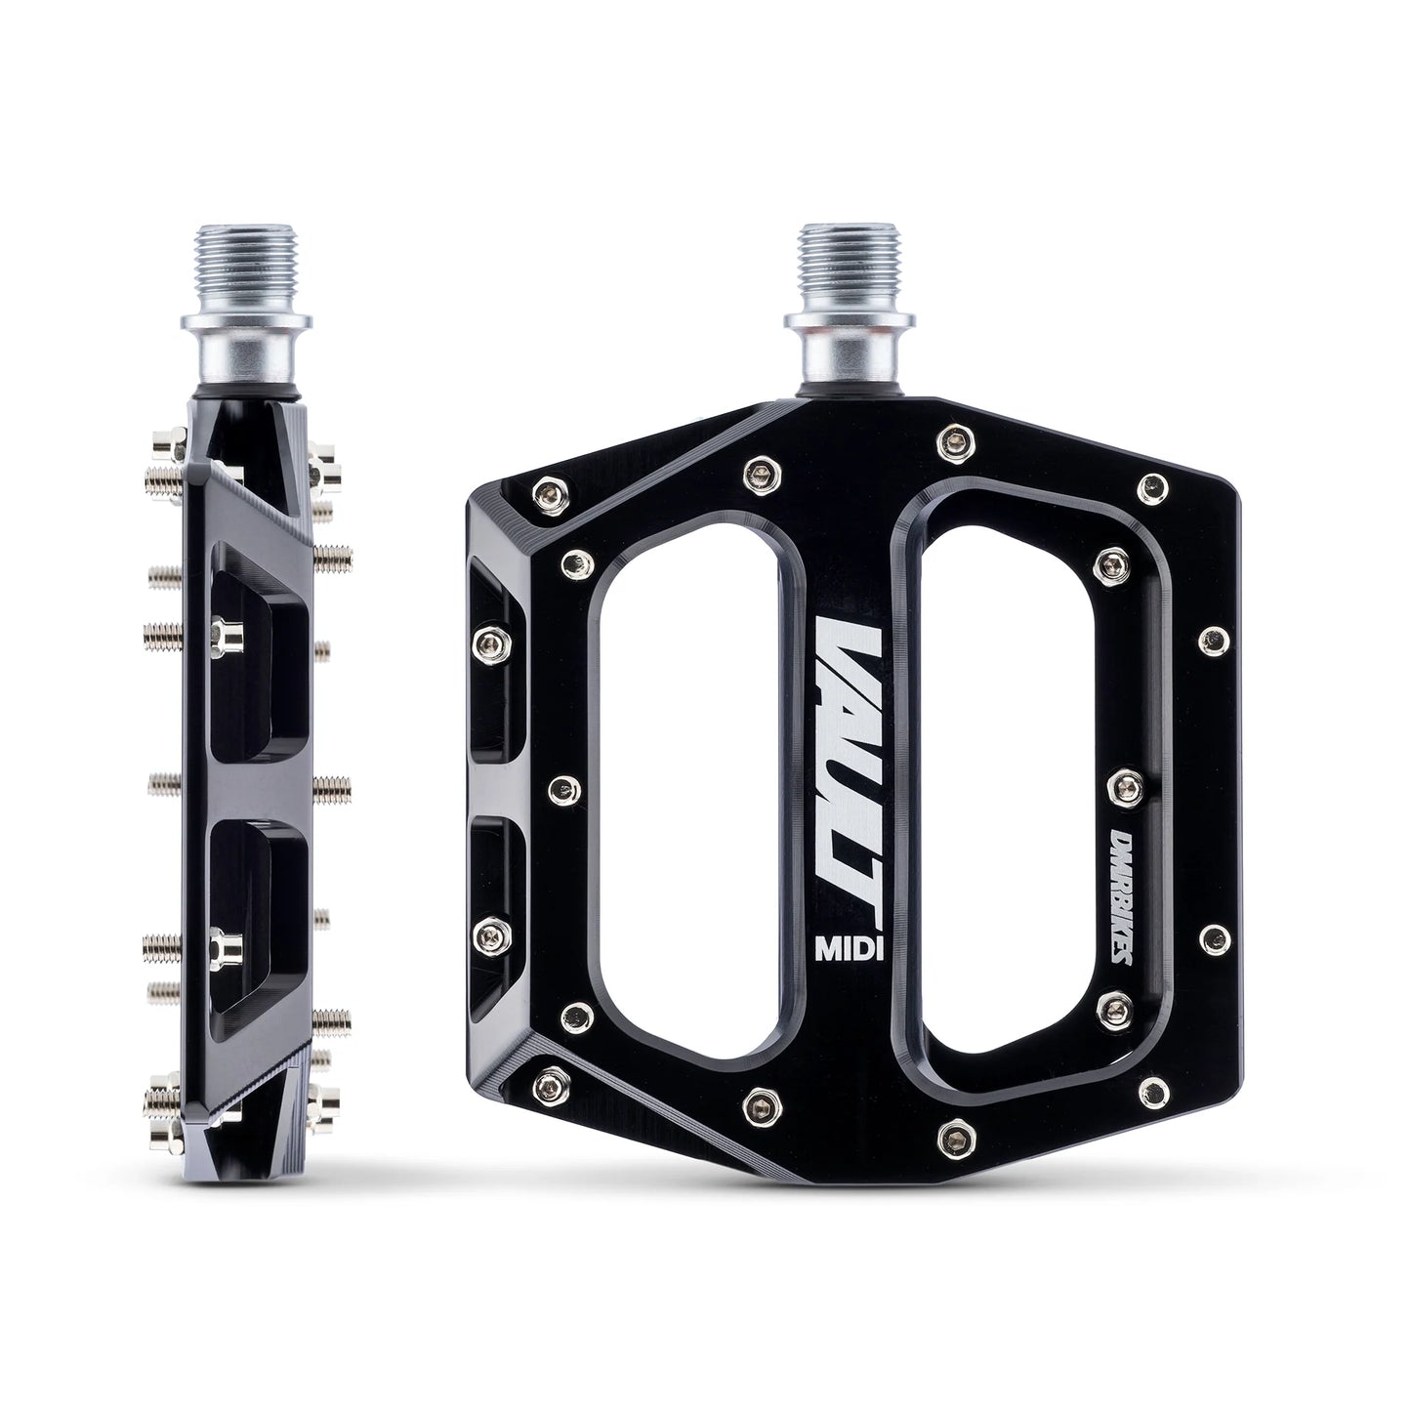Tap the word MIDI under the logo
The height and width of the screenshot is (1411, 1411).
[849, 949]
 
